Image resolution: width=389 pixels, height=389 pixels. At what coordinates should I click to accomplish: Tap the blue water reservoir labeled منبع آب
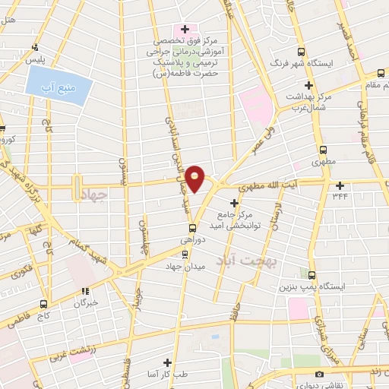(x=57, y=82)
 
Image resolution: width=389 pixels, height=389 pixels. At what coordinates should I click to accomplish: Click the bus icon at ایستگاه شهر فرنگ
(x=302, y=52)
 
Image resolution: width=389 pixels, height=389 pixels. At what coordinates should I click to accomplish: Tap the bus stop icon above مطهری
(x=324, y=150)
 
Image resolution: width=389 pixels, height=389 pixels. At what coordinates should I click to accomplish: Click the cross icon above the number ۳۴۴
(x=340, y=185)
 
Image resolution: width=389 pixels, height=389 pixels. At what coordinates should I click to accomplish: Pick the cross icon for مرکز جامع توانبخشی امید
(x=234, y=204)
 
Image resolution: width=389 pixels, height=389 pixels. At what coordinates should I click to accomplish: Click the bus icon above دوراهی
(x=192, y=226)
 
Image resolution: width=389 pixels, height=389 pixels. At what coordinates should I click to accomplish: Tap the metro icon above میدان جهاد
(x=182, y=253)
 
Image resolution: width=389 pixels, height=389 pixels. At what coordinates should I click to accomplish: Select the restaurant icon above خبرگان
(x=85, y=290)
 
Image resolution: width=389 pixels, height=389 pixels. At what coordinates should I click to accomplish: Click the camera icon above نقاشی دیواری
(x=318, y=375)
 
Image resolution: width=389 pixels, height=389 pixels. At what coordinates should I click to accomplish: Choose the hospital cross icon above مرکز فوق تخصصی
(x=185, y=29)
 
